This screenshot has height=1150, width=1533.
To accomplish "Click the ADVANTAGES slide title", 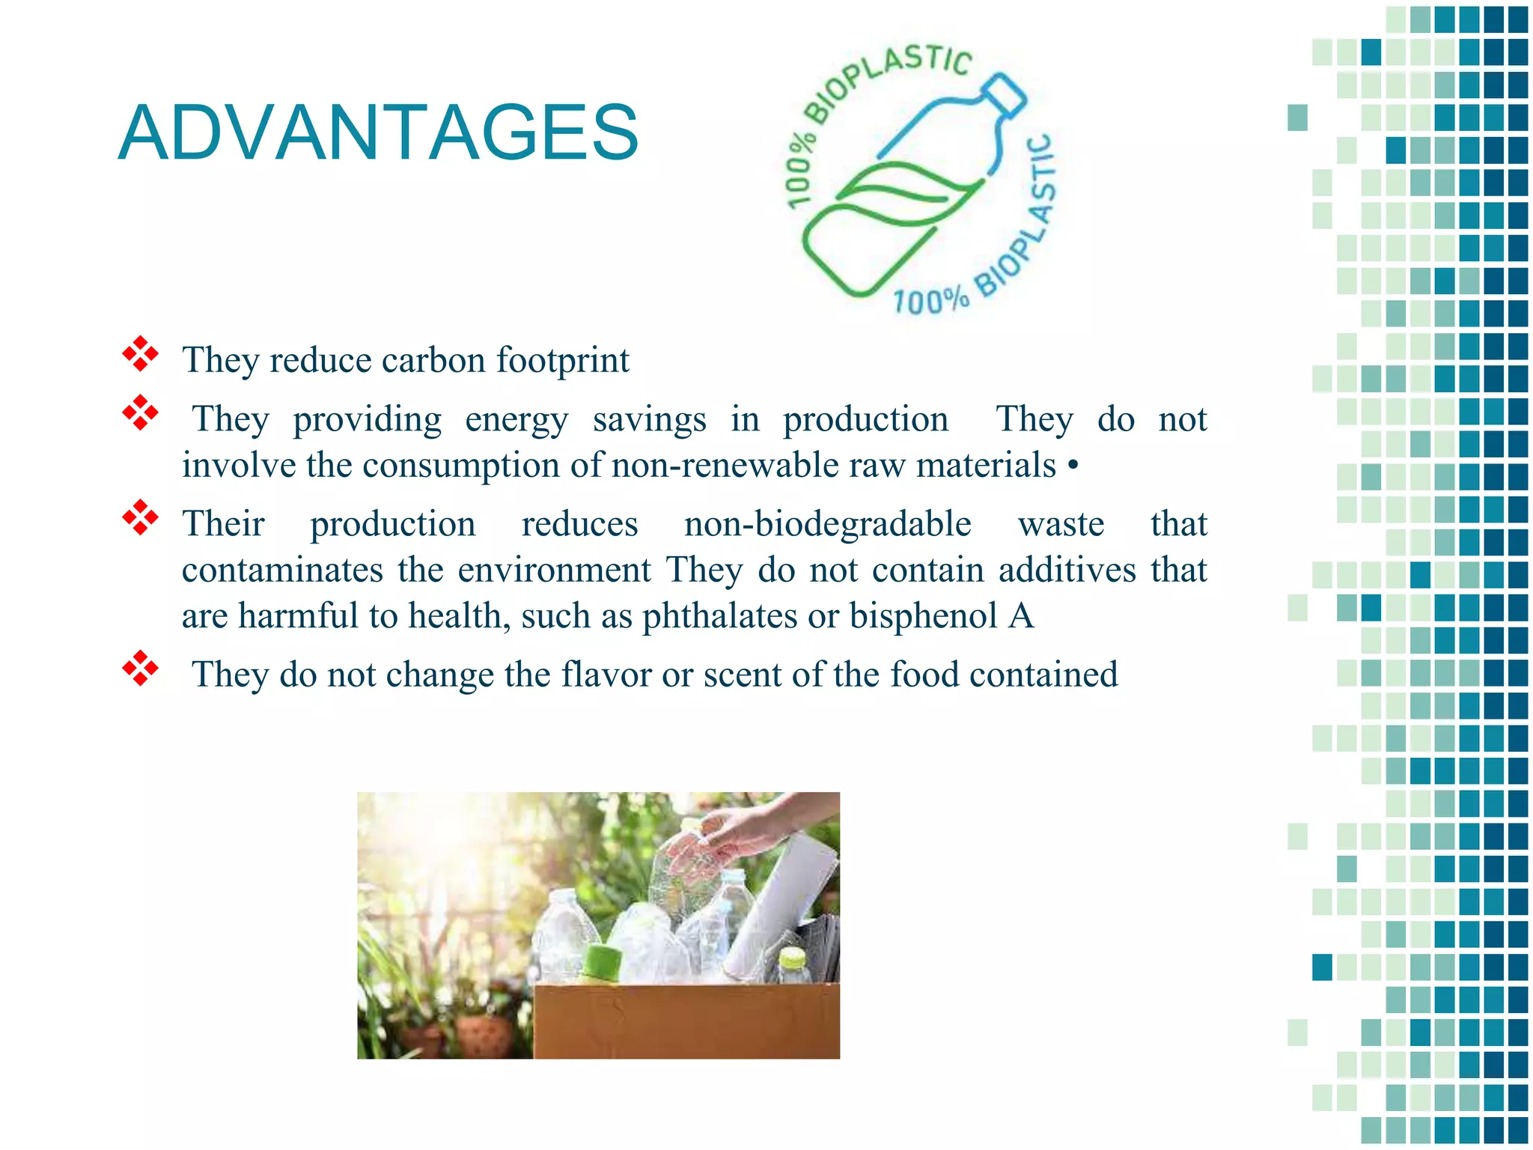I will (x=378, y=133).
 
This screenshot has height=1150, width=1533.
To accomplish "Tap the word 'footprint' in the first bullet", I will (x=563, y=361).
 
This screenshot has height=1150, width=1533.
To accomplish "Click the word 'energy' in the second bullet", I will (x=516, y=420).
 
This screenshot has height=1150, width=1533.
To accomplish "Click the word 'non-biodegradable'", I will (x=827, y=524).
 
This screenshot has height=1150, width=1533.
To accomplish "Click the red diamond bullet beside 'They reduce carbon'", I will (x=140, y=354).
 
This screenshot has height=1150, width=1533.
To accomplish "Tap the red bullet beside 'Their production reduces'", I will (x=140, y=517).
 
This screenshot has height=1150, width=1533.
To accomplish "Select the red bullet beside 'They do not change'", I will (x=140, y=669).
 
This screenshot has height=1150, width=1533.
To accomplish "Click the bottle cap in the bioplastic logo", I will (x=1005, y=96).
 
